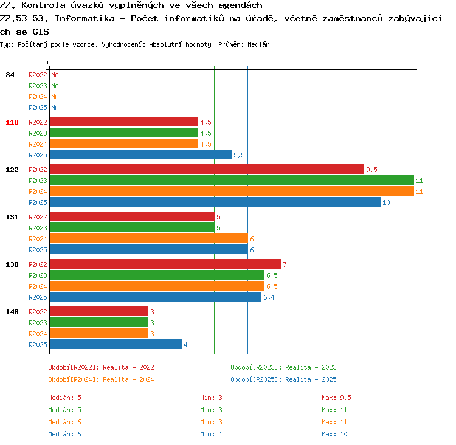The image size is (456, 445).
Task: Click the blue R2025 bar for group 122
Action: (215, 202)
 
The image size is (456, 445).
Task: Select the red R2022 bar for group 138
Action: (165, 264)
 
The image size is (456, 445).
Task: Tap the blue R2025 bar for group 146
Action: (116, 344)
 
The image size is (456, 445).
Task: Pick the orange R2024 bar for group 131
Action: (148, 238)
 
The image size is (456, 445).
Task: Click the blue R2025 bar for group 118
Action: (140, 155)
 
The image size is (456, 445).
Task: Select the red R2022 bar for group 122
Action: (207, 169)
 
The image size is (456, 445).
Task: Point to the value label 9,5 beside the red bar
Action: (371, 170)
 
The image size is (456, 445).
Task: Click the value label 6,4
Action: (269, 297)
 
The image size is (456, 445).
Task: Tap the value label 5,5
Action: (239, 155)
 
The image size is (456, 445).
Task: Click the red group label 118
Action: (12, 122)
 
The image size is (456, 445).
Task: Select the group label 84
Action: (10, 75)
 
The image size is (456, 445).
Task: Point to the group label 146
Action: (12, 312)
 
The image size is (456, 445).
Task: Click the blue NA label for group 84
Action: (55, 108)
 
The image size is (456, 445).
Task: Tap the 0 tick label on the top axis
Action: (49, 63)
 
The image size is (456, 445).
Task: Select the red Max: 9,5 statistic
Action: (336, 398)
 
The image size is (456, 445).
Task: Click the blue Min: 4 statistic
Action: (211, 434)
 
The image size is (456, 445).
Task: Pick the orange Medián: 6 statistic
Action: (65, 422)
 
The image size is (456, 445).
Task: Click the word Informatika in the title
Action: (85, 19)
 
